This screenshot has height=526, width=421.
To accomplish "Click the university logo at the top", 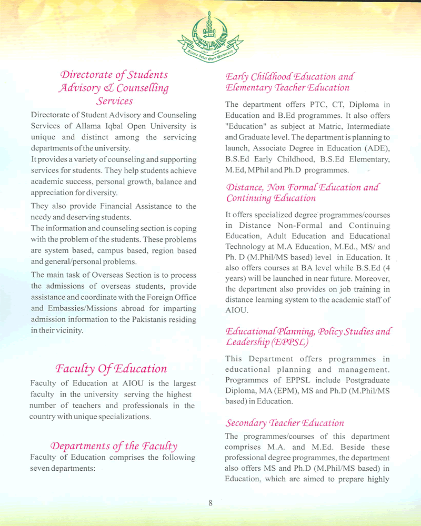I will click(210, 36).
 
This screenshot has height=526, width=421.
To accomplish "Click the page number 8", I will click(210, 503).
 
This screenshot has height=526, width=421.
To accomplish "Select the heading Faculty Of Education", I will click(111, 368).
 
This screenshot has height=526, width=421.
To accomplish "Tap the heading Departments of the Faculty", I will click(113, 447).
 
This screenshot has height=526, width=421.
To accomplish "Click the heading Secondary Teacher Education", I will click(285, 423).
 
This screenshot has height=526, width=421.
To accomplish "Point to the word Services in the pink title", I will click(114, 100).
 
